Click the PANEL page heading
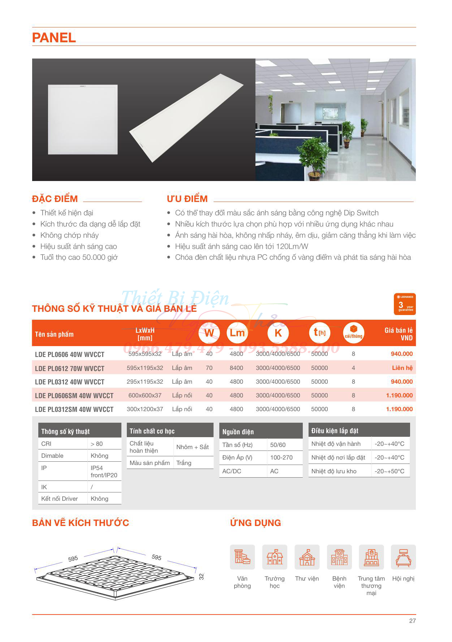(x=54, y=38)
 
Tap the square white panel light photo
(x=83, y=120)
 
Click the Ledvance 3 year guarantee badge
(x=405, y=304)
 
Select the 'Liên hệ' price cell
(x=402, y=368)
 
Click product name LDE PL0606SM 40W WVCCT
(x=74, y=396)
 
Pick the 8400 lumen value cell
(x=236, y=368)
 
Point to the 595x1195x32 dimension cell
(x=145, y=368)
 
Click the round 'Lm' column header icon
(x=237, y=333)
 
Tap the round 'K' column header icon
(x=278, y=333)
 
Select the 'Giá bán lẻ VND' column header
(x=399, y=334)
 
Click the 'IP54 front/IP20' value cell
(x=104, y=471)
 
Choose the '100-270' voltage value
(x=281, y=457)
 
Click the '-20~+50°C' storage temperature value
(x=389, y=471)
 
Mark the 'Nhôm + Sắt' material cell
(x=193, y=447)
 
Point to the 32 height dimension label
(x=202, y=576)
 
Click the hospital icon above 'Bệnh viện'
(x=339, y=557)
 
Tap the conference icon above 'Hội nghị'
(x=403, y=557)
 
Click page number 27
(x=412, y=621)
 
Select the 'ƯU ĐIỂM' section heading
(x=187, y=199)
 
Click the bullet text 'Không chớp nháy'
(x=69, y=235)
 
